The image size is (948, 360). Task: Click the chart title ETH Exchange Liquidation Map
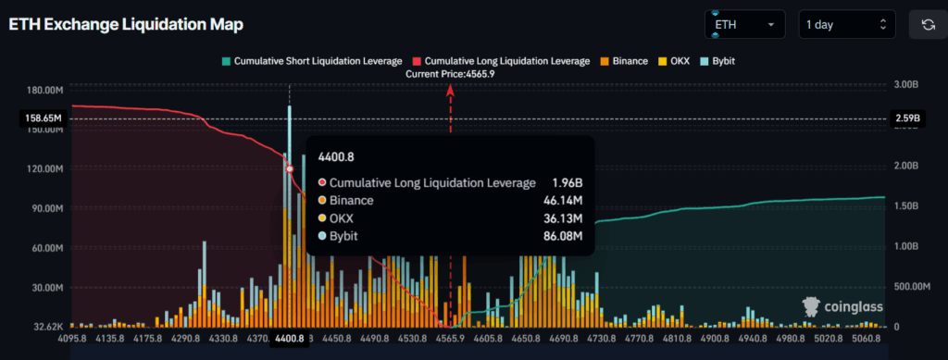119,25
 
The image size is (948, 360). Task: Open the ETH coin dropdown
744,24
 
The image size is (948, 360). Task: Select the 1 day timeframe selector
846,24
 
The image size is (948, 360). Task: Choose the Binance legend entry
627,60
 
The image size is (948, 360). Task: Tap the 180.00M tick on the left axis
44,90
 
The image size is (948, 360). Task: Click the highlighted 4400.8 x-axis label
289,339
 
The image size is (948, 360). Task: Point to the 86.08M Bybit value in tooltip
563,236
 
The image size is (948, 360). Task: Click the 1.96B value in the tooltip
567,182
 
